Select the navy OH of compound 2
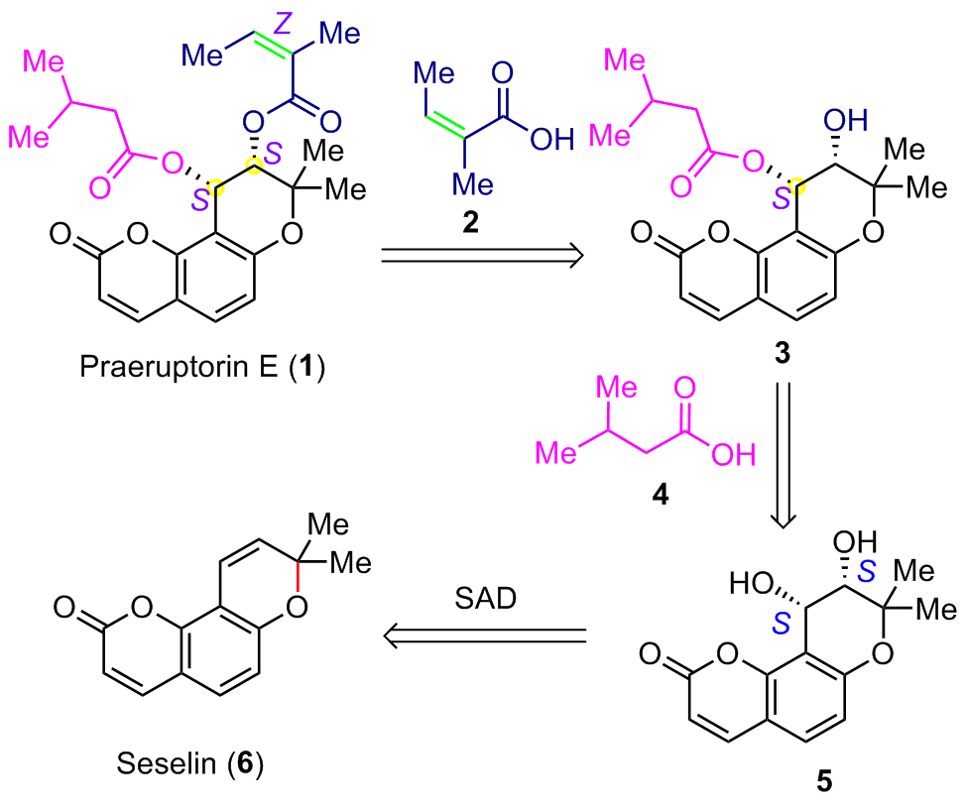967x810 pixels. [x=550, y=139]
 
